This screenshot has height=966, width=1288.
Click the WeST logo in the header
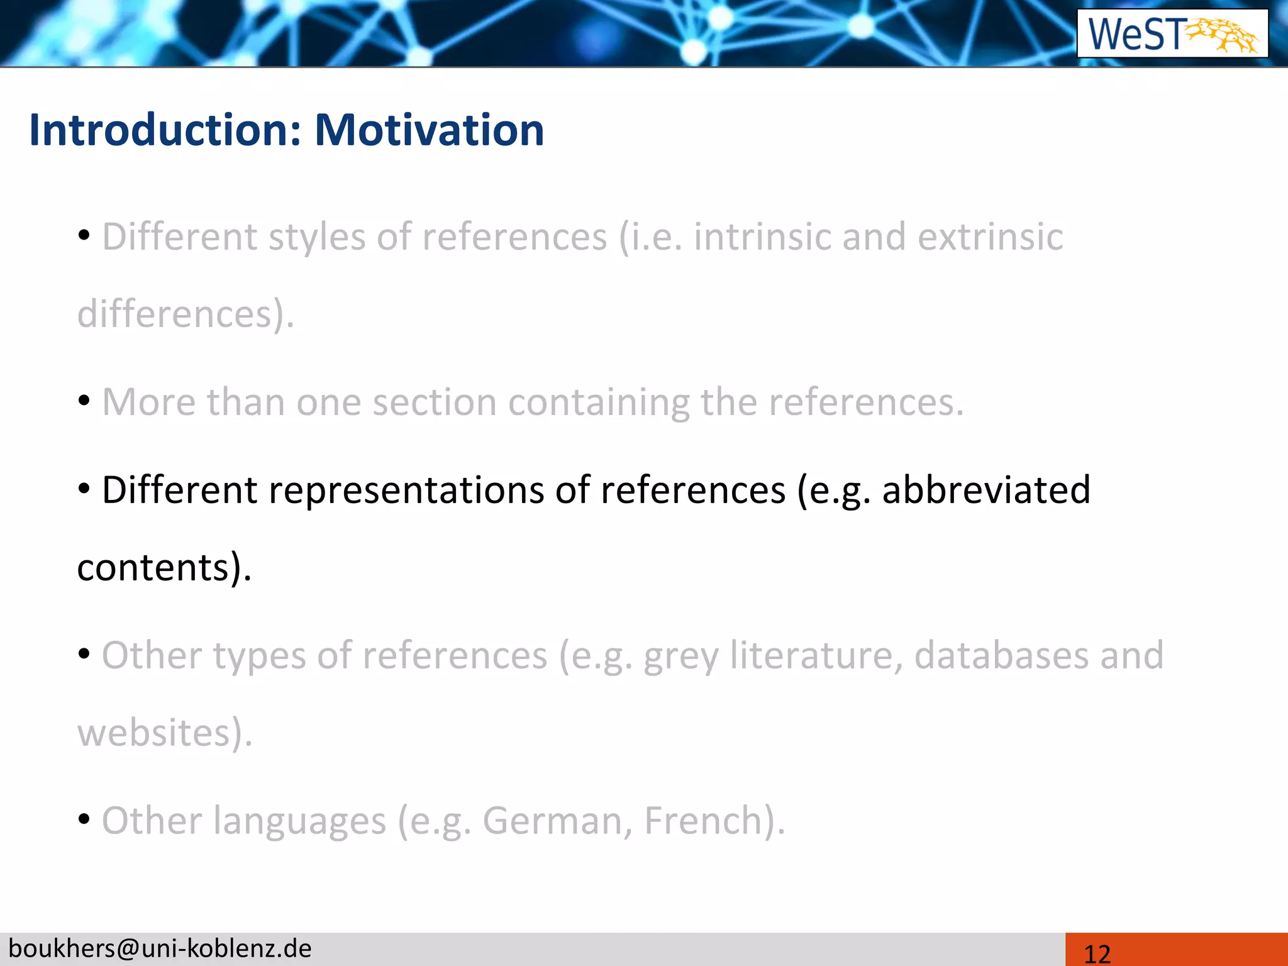click(x=1172, y=34)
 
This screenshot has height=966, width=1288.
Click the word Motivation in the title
click(x=429, y=130)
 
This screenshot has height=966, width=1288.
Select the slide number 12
click(x=1097, y=953)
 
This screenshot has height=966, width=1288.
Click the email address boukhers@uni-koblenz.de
click(x=160, y=948)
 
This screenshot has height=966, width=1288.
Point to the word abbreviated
click(x=985, y=490)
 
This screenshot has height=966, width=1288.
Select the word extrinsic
click(x=990, y=237)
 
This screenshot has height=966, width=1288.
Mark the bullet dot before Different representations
click(x=84, y=489)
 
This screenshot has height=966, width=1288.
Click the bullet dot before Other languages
click(x=84, y=819)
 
